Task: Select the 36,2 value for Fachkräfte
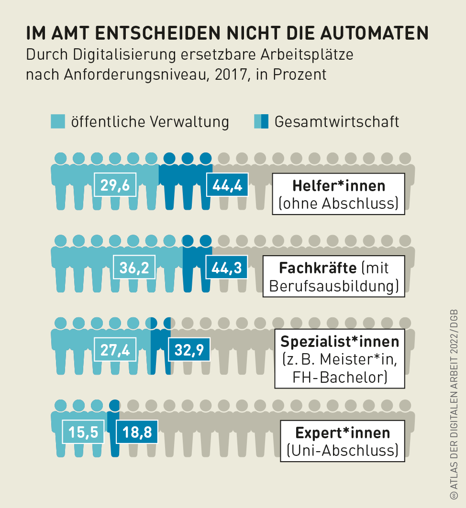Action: point(134,267)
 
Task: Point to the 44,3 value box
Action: point(227,267)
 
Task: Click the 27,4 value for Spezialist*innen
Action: point(115,349)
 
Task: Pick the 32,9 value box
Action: point(189,349)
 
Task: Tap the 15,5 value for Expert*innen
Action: point(83,432)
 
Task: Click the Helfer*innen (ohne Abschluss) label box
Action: point(339,194)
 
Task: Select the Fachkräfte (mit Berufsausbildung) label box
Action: point(334,276)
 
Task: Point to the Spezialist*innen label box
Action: point(340,359)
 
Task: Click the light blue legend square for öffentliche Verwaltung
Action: point(58,121)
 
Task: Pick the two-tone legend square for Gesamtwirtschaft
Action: point(261,121)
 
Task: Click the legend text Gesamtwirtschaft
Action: point(336,121)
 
